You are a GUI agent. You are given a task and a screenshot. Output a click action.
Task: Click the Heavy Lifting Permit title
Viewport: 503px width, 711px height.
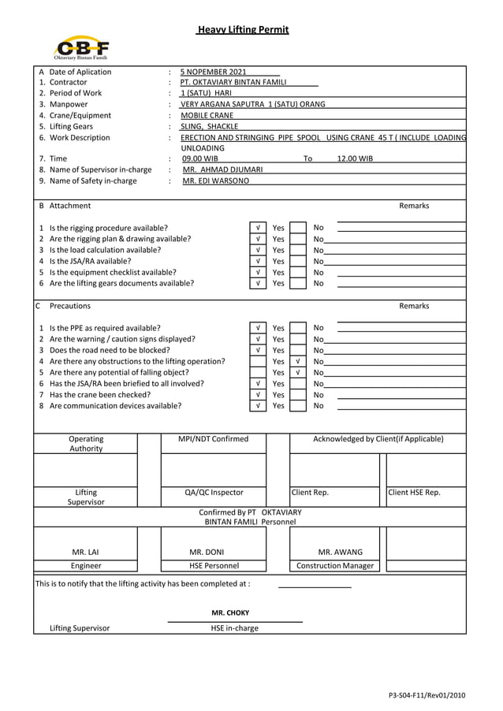243,30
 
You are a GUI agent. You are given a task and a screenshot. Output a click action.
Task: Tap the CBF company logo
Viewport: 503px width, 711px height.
81,47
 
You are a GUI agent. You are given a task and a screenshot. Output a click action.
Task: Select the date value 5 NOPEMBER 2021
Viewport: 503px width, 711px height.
213,73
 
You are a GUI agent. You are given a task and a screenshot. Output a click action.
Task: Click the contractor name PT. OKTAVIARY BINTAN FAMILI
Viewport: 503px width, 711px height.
233,83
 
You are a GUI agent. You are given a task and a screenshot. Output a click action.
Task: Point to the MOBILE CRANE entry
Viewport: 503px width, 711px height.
207,115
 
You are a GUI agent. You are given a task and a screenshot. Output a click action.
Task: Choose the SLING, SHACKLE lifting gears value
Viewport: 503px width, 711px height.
209,126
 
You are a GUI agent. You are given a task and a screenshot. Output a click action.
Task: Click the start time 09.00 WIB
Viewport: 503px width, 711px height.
200,158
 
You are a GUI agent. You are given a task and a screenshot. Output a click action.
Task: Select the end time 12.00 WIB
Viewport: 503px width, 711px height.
355,158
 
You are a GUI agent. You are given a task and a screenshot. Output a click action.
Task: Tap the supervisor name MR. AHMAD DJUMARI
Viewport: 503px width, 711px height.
223,169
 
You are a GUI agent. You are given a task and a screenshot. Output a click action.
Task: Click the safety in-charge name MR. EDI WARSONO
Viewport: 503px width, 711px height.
215,181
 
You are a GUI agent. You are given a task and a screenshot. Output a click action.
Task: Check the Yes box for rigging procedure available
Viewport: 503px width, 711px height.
258,228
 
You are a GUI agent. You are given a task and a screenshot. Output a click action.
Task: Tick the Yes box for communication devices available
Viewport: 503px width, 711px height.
258,406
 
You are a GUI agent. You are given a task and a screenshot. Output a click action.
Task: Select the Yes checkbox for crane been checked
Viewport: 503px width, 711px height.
258,395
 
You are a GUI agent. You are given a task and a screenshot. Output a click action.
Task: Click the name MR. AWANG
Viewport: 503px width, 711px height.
340,552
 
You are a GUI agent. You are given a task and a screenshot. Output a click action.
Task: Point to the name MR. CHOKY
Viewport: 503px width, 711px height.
230,612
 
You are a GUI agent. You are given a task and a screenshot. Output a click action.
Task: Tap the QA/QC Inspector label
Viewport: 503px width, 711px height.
214,493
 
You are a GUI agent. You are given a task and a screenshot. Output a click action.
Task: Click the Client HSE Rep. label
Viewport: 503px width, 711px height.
414,493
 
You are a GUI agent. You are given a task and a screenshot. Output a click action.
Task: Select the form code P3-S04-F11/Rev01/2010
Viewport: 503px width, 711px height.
427,695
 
